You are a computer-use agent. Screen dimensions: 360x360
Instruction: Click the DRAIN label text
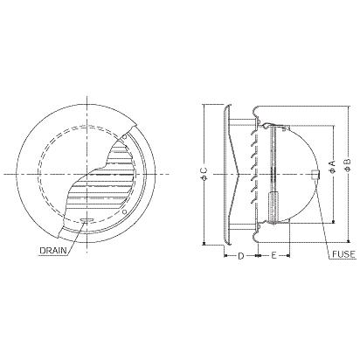coord(53,251)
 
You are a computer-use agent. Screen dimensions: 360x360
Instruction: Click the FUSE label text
coord(343,254)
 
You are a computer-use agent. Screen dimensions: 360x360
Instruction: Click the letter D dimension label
coord(241,256)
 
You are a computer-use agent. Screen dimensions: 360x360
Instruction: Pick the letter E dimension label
coord(273,256)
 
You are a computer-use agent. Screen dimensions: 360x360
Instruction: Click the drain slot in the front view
coord(87,220)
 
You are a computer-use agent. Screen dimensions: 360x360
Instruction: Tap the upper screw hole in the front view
coord(125,137)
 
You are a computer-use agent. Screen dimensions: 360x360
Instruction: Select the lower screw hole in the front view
coord(125,211)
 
